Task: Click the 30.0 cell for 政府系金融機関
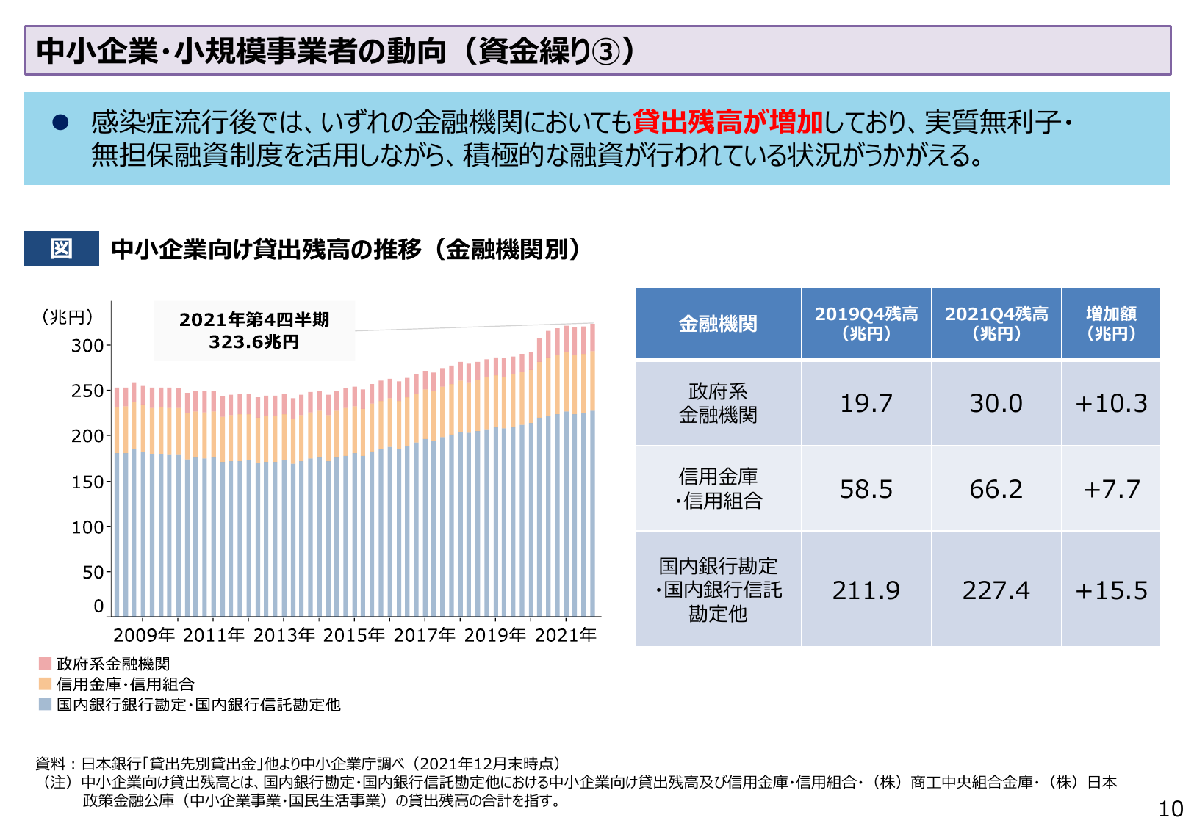point(996,403)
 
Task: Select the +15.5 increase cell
point(1110,590)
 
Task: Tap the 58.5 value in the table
point(866,489)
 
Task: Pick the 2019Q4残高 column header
point(866,323)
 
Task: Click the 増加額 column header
point(1110,323)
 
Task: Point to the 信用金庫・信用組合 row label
point(718,488)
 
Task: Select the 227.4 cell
point(996,590)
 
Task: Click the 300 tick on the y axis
point(87,345)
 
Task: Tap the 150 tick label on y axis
point(87,482)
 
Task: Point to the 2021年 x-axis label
point(565,635)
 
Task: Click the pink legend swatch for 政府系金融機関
point(45,664)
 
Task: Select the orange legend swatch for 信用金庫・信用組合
point(45,684)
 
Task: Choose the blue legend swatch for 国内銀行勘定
point(45,705)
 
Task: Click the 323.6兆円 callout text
point(253,342)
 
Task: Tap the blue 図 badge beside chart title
point(61,248)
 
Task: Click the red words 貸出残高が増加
point(727,122)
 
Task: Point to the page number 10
point(1170,809)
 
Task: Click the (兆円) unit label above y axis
point(68,316)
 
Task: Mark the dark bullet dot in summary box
point(60,123)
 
